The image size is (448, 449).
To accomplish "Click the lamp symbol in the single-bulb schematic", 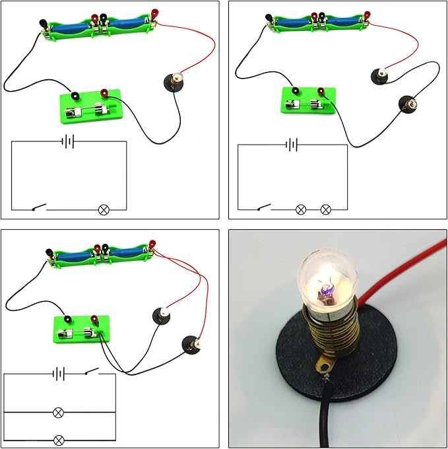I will [x=103, y=210].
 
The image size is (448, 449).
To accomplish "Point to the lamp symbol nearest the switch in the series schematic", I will [x=300, y=209].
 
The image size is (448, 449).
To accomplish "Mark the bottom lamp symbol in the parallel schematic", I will [x=59, y=439].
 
